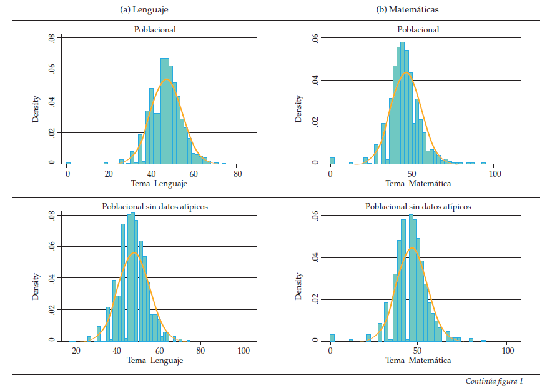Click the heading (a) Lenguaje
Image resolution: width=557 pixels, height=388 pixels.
[x=144, y=9]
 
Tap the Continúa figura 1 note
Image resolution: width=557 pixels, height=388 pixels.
[x=494, y=381]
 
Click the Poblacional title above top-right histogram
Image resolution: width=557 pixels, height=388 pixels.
[x=418, y=29]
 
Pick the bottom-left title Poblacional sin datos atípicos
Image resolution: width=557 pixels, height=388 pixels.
[x=155, y=206]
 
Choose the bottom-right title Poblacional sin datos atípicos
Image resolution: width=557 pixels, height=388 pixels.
[x=418, y=206]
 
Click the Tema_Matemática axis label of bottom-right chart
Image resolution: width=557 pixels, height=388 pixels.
[x=418, y=361]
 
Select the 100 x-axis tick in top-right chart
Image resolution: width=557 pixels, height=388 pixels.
[x=493, y=174]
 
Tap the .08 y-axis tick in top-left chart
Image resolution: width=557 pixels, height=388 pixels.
[x=51, y=38]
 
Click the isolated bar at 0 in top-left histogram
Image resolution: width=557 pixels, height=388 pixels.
[x=68, y=163]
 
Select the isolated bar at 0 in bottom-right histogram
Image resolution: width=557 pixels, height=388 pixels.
[x=332, y=338]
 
